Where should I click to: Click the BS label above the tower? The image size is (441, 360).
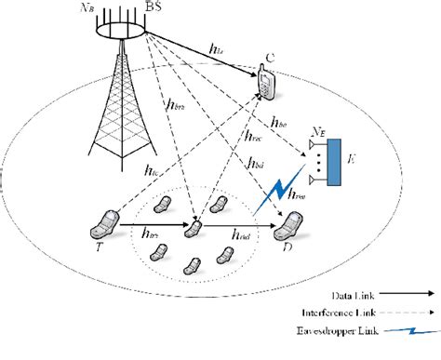(x=159, y=7)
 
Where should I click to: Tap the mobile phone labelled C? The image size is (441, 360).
(x=267, y=84)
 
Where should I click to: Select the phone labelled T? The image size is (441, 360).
(x=104, y=224)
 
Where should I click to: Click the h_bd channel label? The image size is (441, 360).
(x=256, y=165)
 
